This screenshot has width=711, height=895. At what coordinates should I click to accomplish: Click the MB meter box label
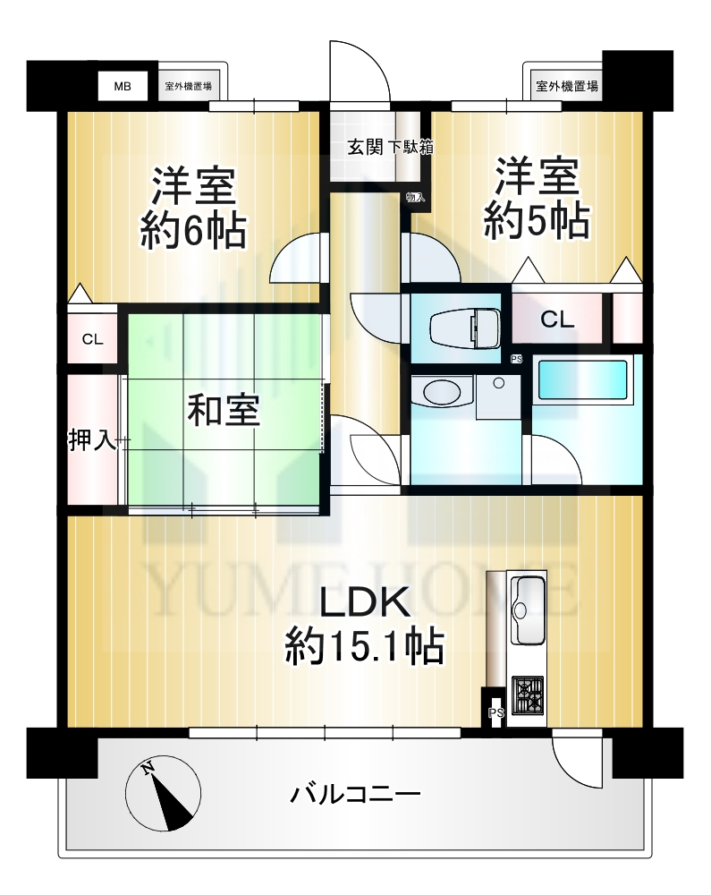[x=123, y=86]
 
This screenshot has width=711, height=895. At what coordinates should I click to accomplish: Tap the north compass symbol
[x=163, y=794]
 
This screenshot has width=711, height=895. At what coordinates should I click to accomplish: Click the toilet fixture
[x=464, y=328]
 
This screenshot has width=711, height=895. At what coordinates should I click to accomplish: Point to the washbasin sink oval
[x=443, y=393]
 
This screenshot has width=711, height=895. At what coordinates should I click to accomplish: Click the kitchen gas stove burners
[x=528, y=695]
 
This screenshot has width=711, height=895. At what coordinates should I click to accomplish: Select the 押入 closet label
[x=92, y=440]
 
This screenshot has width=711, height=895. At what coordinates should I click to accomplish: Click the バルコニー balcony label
[x=355, y=795]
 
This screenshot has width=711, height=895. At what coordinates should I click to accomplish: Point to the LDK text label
[x=364, y=601]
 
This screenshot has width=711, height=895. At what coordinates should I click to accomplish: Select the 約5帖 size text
[x=537, y=220]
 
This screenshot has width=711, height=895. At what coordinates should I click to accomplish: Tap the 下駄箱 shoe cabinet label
[x=411, y=148]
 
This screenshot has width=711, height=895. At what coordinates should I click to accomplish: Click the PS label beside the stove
[x=496, y=713]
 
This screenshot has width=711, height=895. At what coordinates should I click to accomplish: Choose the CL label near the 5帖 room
[x=556, y=320]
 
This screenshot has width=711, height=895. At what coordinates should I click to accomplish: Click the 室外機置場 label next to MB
[x=188, y=87]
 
